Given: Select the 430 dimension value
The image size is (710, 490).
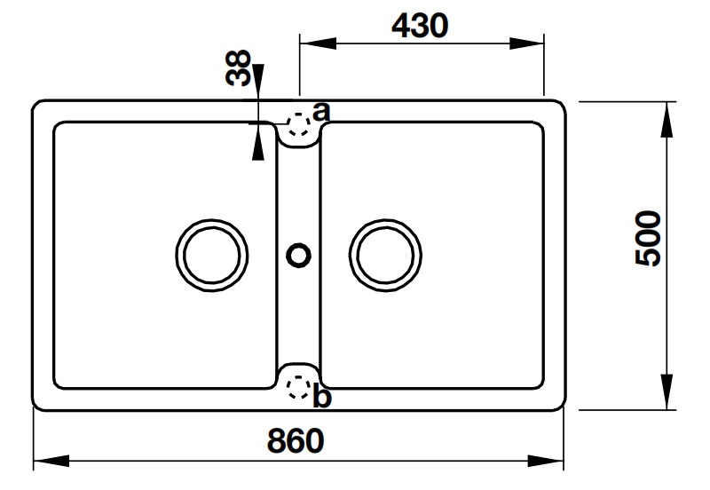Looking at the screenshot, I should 420,27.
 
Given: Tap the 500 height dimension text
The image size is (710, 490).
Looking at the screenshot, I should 650,238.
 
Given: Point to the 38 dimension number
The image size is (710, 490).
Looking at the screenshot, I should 238,67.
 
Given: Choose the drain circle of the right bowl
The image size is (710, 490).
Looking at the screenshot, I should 385,252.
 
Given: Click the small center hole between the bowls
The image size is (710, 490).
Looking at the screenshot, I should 299,254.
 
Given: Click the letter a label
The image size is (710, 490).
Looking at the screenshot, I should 321,112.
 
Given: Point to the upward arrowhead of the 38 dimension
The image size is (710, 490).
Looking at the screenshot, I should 258,142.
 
